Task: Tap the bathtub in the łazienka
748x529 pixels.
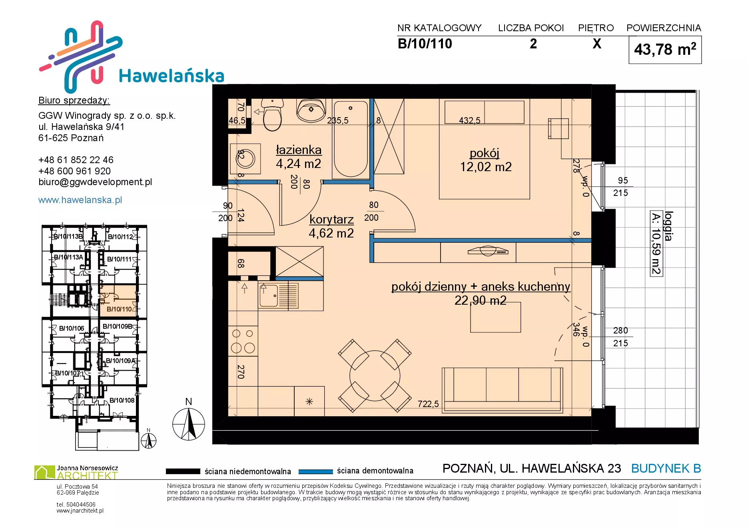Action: (351, 139)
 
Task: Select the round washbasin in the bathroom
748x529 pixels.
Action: (311, 110)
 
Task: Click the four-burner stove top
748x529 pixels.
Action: (243, 341)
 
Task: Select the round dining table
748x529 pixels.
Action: (375, 375)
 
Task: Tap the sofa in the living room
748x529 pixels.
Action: (503, 390)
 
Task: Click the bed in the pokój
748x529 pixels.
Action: (485, 149)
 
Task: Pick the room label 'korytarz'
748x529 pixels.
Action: (331, 220)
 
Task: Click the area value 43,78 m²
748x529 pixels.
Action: (665, 50)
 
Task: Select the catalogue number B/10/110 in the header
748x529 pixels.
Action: (425, 44)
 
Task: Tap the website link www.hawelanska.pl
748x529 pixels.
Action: (80, 200)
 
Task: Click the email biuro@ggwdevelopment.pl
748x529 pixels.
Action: (95, 182)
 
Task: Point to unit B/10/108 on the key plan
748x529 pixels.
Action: (122, 400)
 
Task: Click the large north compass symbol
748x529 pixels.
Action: (189, 424)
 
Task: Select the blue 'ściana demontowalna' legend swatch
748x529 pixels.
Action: (316, 471)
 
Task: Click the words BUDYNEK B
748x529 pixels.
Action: (666, 469)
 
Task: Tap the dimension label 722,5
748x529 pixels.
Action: (428, 404)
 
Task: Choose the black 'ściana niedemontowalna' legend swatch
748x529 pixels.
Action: (183, 471)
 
